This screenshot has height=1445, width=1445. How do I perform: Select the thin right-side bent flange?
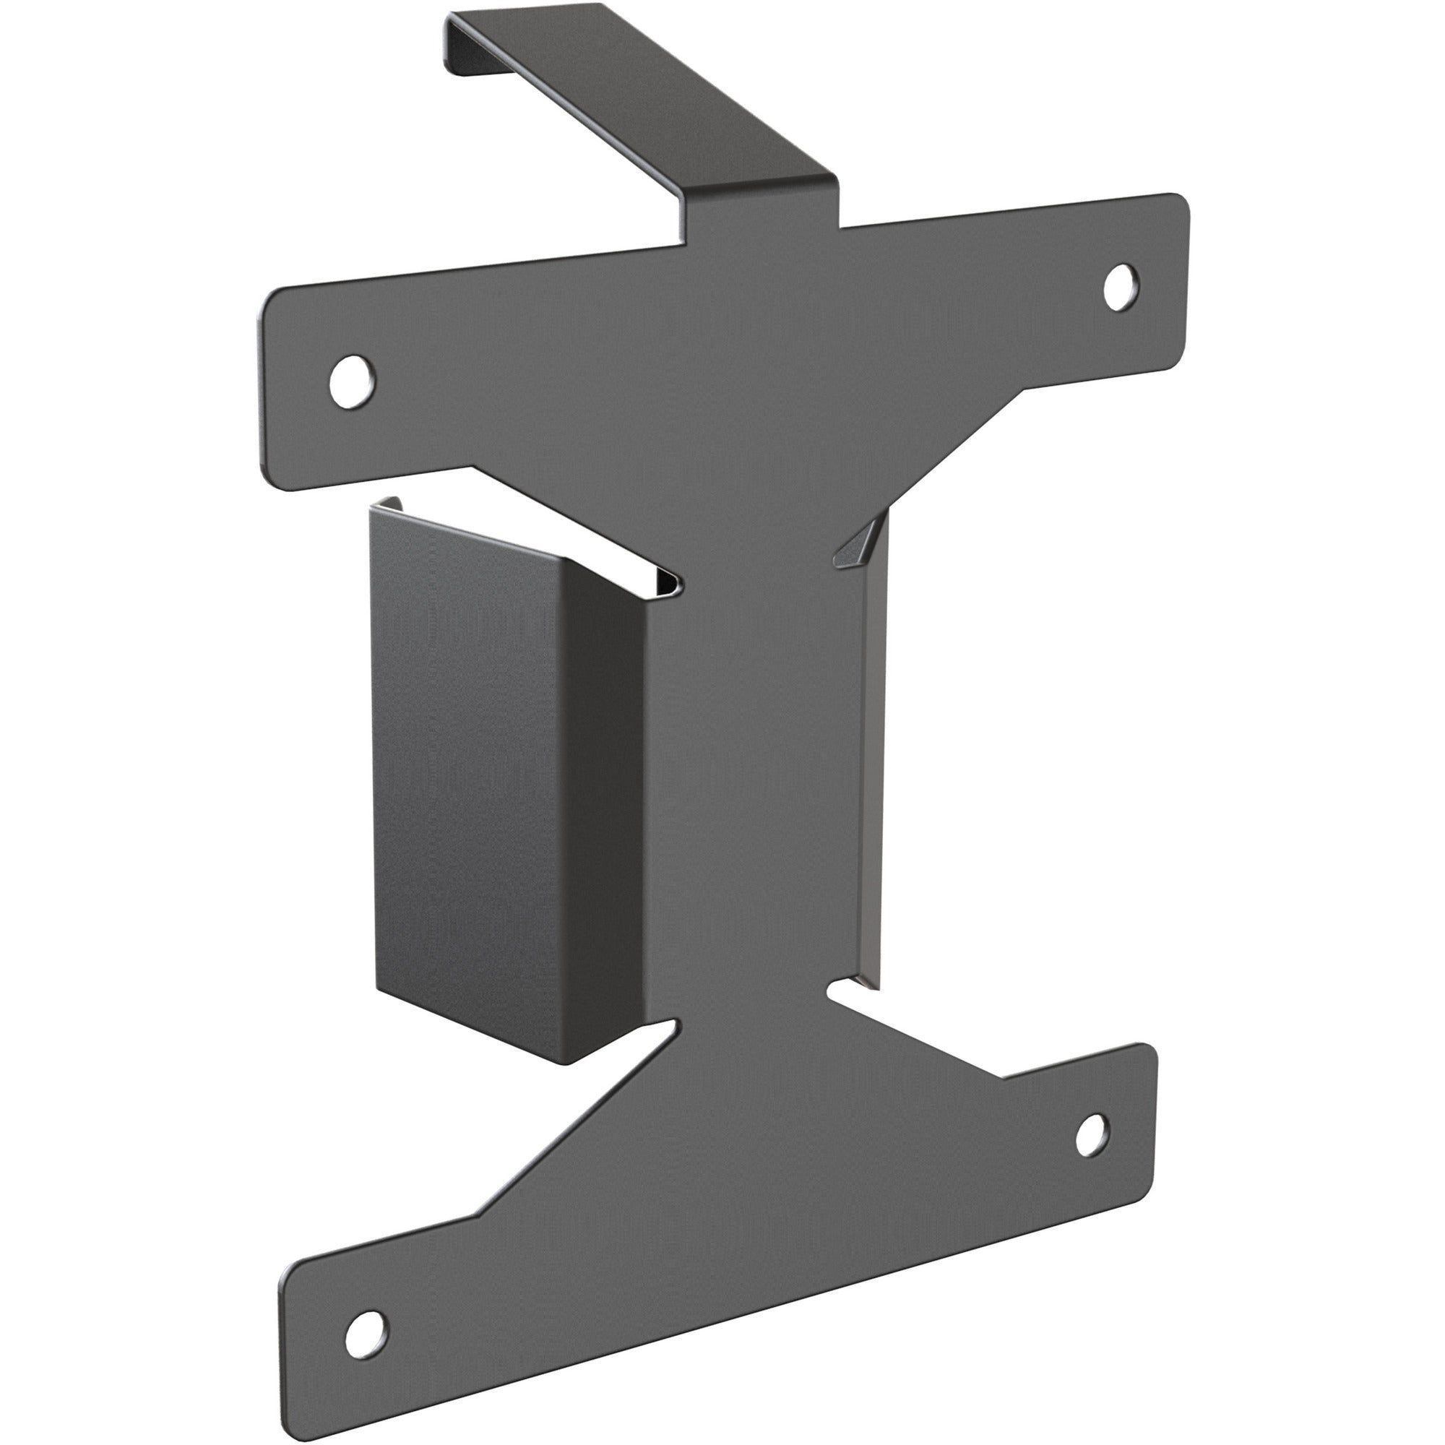[x=872, y=748]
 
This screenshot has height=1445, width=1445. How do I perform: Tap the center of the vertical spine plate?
[x=756, y=785]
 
